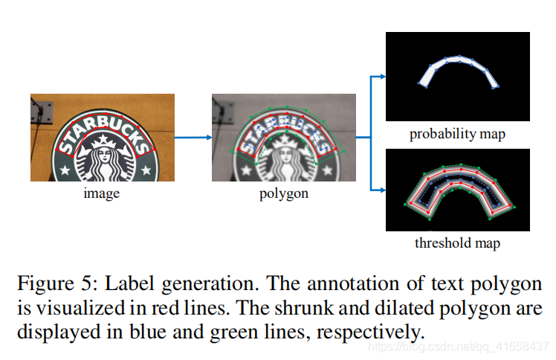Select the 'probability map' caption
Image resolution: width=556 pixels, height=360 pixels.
point(457,135)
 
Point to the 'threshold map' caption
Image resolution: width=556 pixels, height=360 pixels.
point(457,243)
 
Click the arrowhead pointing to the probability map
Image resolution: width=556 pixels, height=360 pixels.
point(381,76)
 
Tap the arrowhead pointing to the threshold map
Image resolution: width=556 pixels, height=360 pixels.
point(381,191)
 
